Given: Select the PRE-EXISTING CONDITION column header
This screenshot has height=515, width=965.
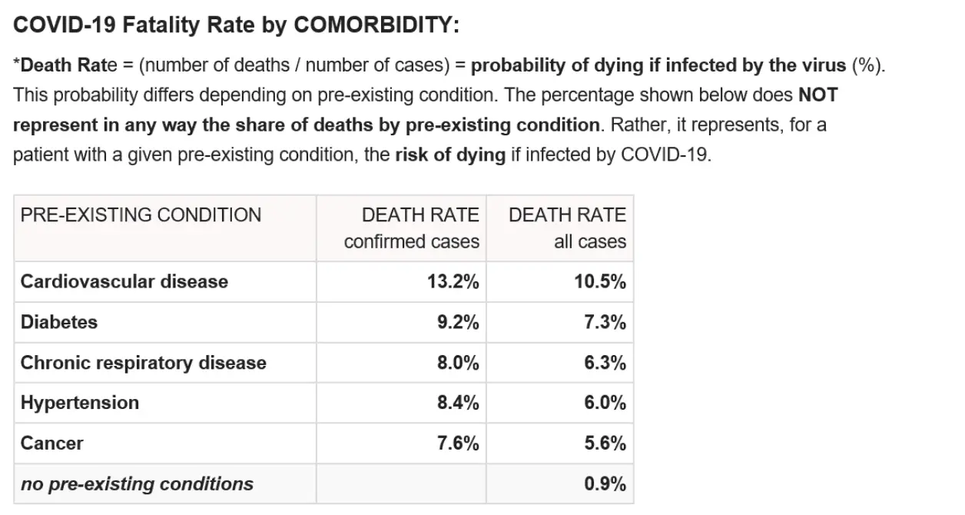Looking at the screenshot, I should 141,214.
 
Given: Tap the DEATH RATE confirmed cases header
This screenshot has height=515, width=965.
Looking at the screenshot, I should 412,228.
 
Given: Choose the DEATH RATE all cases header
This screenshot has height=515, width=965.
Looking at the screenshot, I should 567,228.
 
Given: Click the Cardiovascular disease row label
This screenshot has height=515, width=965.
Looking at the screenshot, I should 124,281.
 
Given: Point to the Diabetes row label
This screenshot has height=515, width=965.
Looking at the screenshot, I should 59,322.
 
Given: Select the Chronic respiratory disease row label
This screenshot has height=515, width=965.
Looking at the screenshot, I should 144,363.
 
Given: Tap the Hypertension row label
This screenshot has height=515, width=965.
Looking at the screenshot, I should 80,403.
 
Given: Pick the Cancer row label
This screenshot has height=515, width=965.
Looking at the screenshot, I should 52,444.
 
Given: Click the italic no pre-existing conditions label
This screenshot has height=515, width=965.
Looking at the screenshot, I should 137,484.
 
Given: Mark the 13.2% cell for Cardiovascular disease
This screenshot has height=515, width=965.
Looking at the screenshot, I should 453,281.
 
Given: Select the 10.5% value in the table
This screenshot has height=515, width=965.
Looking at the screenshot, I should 600,281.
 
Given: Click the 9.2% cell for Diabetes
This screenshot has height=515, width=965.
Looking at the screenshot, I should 458,322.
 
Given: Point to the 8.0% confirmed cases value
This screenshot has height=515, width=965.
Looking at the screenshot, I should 458,363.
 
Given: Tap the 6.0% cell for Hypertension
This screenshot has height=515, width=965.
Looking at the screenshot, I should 605,403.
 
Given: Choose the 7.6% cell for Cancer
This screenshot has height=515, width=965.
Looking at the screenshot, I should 458,444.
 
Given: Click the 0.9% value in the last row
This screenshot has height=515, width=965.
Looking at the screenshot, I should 605,484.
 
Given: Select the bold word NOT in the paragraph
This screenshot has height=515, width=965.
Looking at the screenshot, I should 817,95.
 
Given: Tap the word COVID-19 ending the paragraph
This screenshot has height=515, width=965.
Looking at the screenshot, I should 666,154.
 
